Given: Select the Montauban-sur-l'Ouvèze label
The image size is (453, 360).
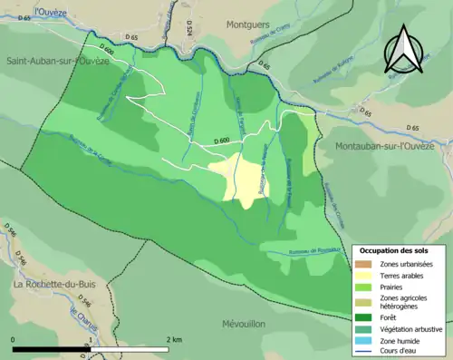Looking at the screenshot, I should click(391, 146).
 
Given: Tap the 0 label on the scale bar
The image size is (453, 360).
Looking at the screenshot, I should click(14, 339).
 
